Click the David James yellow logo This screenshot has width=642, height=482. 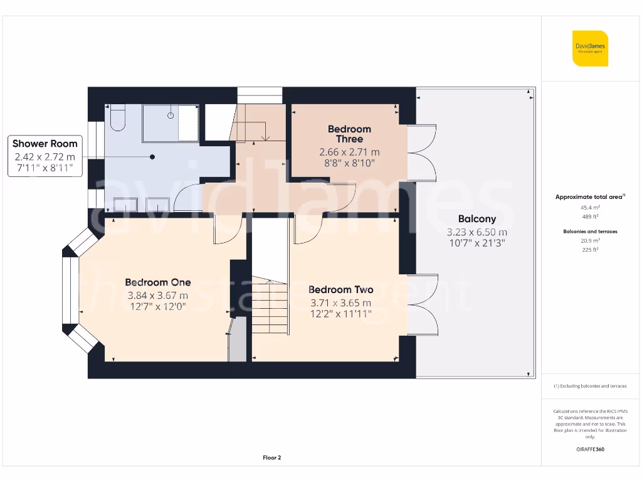point(590,48)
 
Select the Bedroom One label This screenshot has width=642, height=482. point(157,282)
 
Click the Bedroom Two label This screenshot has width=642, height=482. point(340,289)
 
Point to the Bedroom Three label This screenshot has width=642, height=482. point(349,134)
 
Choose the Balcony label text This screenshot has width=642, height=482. point(476,219)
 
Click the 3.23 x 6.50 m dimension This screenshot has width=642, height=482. point(476,232)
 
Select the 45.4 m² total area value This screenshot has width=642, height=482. point(589,207)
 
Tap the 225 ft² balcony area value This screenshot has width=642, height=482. point(589,249)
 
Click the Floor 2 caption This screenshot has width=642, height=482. point(271,458)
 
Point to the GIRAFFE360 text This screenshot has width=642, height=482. point(589,449)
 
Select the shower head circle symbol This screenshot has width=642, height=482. point(170,115)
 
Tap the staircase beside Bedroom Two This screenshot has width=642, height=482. point(271,308)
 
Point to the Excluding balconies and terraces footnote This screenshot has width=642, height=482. point(589,386)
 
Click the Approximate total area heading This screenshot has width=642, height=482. point(589,197)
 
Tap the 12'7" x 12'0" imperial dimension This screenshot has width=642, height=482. point(157,306)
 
